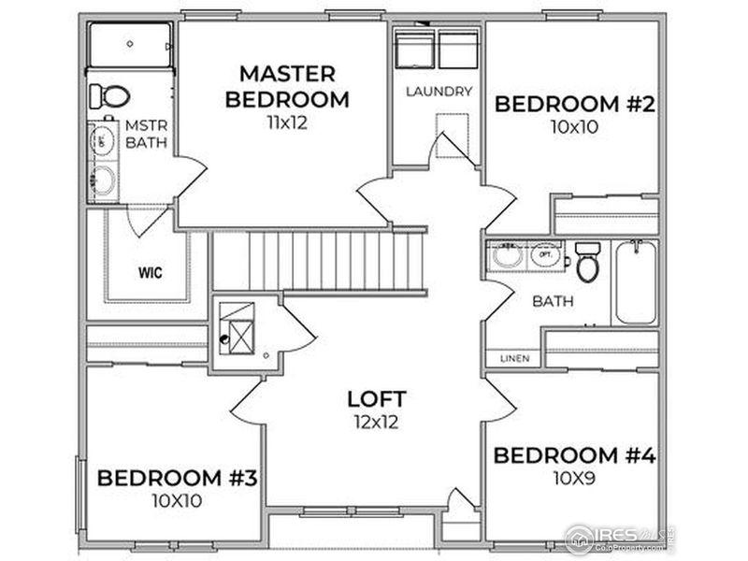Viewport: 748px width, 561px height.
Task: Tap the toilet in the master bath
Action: (110, 95)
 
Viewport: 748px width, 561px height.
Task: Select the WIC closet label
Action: (148, 274)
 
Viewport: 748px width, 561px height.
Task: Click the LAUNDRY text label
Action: (439, 92)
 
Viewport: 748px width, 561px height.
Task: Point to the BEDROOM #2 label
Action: (573, 104)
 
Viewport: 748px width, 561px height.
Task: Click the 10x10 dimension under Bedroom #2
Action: (573, 127)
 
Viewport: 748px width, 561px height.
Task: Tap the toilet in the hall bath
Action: (587, 263)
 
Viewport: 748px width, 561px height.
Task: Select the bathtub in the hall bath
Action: (635, 282)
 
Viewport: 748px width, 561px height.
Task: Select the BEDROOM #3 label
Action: (177, 478)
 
